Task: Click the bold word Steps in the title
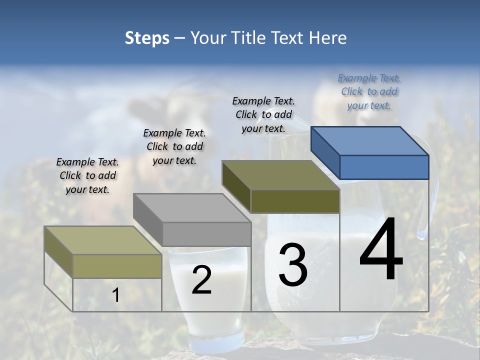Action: point(147,38)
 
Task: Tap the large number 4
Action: point(381,250)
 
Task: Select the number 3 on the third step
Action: point(293,264)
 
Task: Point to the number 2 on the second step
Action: point(201,280)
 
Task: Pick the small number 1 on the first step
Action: point(116,295)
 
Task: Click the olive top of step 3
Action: point(280,175)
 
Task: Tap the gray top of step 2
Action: point(192,208)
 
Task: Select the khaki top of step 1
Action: point(103,240)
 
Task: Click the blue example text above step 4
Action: point(369,91)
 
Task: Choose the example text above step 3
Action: point(263,114)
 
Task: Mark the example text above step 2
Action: point(174,146)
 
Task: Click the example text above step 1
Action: point(87,175)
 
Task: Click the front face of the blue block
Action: point(384,167)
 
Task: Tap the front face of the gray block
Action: point(207,234)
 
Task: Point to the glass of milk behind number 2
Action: point(207,310)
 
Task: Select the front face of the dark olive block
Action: point(295,201)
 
